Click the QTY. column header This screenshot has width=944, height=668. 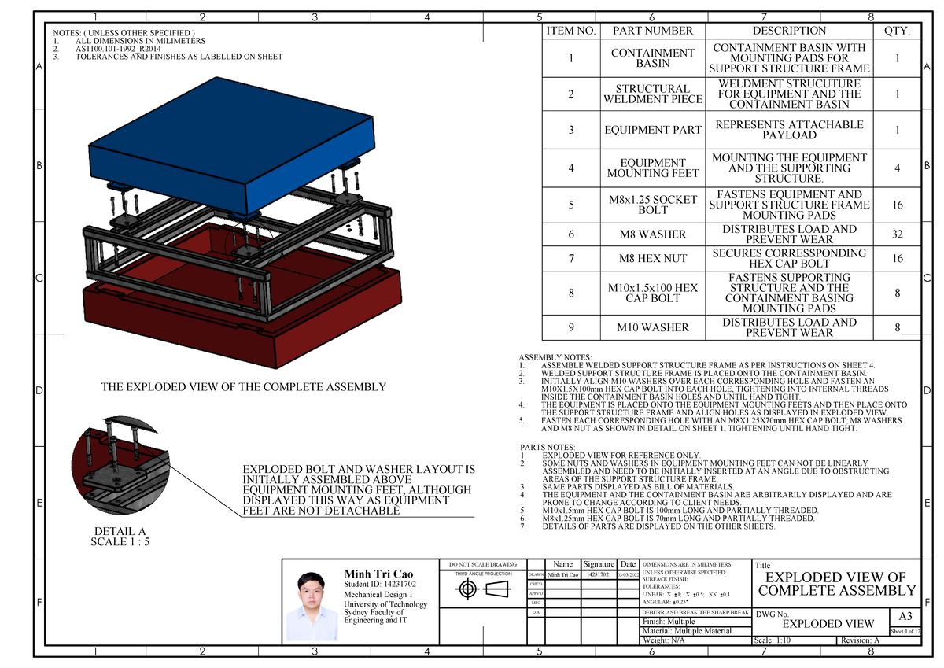(896, 31)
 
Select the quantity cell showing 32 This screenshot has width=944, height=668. (896, 234)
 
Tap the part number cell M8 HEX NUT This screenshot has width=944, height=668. (652, 259)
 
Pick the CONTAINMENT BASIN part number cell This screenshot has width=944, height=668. (652, 57)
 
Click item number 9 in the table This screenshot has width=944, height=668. (571, 327)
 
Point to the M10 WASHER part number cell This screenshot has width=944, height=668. (652, 327)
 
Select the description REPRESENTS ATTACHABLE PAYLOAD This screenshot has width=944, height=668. (789, 130)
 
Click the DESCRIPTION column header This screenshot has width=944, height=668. (789, 31)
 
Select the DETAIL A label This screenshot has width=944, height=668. (120, 531)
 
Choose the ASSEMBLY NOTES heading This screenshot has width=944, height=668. (555, 357)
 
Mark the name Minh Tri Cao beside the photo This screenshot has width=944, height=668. (378, 574)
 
